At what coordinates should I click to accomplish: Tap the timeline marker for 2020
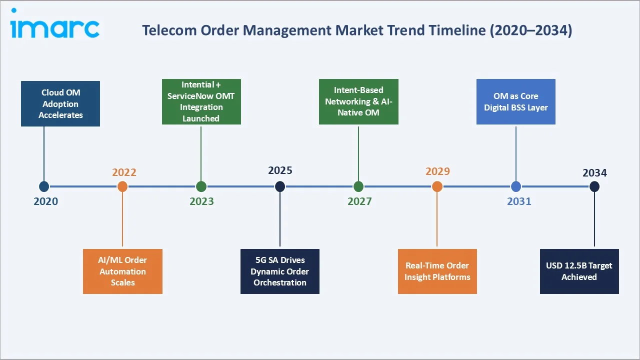point(44,186)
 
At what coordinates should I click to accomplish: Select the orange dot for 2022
point(122,186)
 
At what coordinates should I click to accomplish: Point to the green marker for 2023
point(201,186)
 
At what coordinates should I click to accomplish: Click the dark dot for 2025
point(280,186)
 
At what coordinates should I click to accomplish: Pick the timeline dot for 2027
point(358,186)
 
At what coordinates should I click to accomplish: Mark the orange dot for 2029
point(437,186)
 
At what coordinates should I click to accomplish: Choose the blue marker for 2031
point(516,186)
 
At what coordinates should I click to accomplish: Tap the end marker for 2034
point(594,186)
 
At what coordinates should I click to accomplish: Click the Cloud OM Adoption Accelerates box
point(60,104)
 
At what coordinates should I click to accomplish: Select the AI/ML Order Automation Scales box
point(122,271)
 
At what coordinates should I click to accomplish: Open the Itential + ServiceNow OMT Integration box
point(201,101)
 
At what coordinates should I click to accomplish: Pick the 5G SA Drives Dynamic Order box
point(280,271)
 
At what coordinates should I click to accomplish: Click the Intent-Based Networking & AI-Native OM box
point(358,101)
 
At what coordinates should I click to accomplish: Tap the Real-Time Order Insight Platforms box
point(437,271)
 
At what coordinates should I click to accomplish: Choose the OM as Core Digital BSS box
point(516,101)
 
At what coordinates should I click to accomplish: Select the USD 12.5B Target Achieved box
point(579,271)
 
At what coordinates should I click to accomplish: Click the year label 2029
point(437,171)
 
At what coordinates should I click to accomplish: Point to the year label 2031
point(519,201)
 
